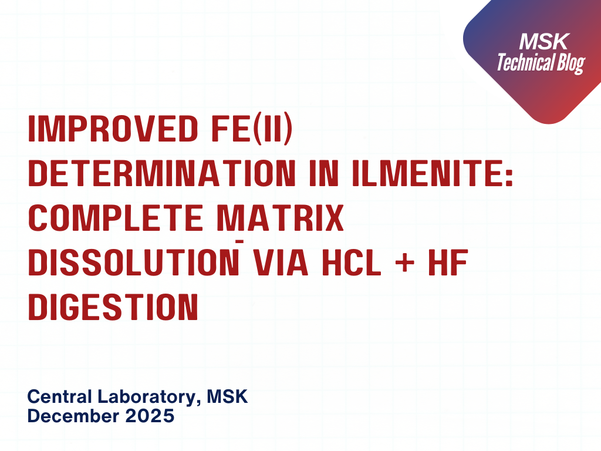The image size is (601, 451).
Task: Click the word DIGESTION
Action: coord(113,307)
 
